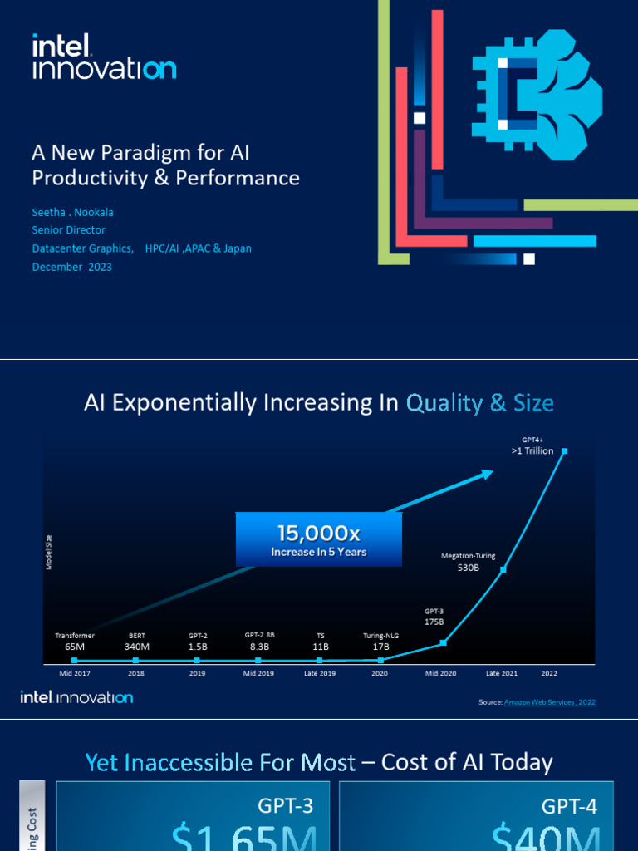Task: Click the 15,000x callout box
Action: [x=319, y=539]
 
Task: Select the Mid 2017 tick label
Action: [x=75, y=673]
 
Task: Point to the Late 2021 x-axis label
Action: [x=503, y=673]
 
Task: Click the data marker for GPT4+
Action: [x=565, y=451]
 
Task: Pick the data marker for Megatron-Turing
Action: [x=503, y=570]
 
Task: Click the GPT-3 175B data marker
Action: [x=444, y=642]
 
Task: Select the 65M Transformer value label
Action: [x=75, y=646]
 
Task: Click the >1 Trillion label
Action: [x=532, y=450]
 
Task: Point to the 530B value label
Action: [x=469, y=568]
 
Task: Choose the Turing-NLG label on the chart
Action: [x=381, y=635]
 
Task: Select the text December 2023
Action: [x=71, y=267]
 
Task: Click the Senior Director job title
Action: [x=69, y=229]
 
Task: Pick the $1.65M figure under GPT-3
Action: [x=244, y=834]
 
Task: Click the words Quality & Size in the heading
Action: [x=479, y=404]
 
